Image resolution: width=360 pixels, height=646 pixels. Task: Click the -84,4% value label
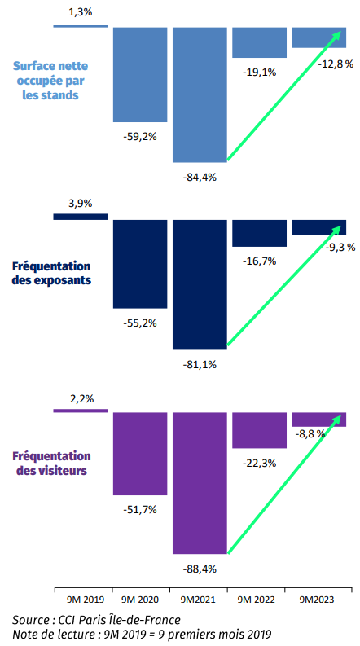(200, 178)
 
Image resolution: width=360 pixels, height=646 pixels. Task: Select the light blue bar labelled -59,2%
(140, 75)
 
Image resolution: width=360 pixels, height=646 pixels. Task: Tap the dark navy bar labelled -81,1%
(200, 284)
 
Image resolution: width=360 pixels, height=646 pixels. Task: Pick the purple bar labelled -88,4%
(200, 483)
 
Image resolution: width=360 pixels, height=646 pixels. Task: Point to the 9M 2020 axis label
(140, 600)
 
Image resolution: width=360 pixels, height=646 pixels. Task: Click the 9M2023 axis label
(318, 600)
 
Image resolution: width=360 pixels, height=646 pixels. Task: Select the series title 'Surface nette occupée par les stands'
(50, 81)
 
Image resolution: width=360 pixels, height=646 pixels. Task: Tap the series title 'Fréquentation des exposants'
(51, 273)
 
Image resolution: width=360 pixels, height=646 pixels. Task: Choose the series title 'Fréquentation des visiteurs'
(51, 463)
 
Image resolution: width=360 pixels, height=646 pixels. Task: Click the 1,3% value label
(81, 11)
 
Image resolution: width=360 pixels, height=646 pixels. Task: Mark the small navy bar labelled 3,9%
(81, 217)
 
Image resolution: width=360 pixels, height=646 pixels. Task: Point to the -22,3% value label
(260, 464)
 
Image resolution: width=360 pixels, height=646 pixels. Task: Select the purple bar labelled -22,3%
(260, 430)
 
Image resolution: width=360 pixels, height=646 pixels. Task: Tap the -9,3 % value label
(339, 248)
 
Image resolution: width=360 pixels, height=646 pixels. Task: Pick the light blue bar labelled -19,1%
(260, 42)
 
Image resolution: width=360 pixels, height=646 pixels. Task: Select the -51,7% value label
(140, 510)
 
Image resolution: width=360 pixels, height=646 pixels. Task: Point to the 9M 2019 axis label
(82, 600)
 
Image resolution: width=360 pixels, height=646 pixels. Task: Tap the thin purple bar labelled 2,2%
(81, 411)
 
